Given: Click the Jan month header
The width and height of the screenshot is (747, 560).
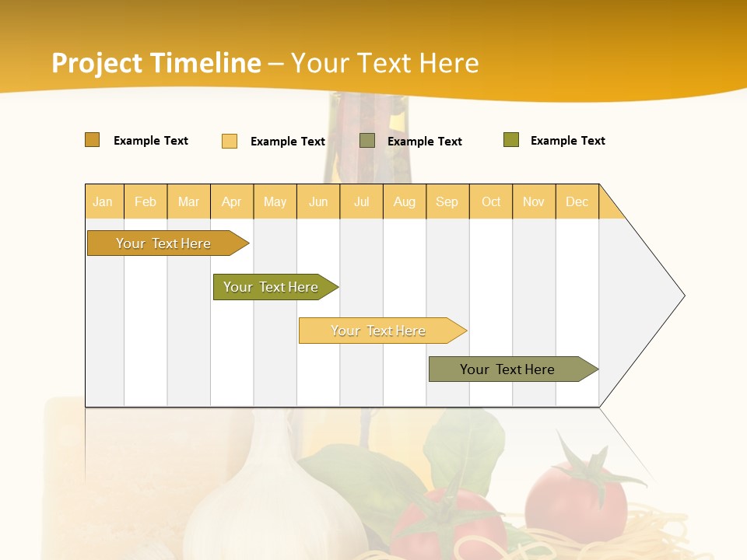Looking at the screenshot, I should point(103,201).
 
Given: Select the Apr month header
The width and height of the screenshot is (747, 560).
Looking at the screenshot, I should point(231,201).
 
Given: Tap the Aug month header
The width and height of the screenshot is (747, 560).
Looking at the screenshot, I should point(404,201).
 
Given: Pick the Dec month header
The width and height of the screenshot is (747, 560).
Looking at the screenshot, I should point(577,201).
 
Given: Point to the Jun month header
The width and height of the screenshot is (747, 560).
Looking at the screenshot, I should point(318,201).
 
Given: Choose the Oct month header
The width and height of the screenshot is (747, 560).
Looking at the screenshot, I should point(491,201).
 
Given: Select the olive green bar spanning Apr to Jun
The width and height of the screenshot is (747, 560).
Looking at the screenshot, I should point(272,287).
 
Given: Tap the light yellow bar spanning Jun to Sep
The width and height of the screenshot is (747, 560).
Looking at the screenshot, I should point(380,331).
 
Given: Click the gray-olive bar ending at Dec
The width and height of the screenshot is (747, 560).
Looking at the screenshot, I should point(510,369).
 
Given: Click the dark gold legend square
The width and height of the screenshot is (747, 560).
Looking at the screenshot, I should point(93,140).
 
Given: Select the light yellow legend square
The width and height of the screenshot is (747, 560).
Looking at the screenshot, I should point(230,141).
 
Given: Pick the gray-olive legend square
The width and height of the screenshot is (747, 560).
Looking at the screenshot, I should point(367,141).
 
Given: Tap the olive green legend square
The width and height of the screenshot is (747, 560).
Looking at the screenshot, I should point(511,140).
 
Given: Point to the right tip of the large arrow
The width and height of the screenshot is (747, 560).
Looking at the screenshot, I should point(683,296).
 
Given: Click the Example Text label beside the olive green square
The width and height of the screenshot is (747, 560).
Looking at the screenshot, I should point(567,141).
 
